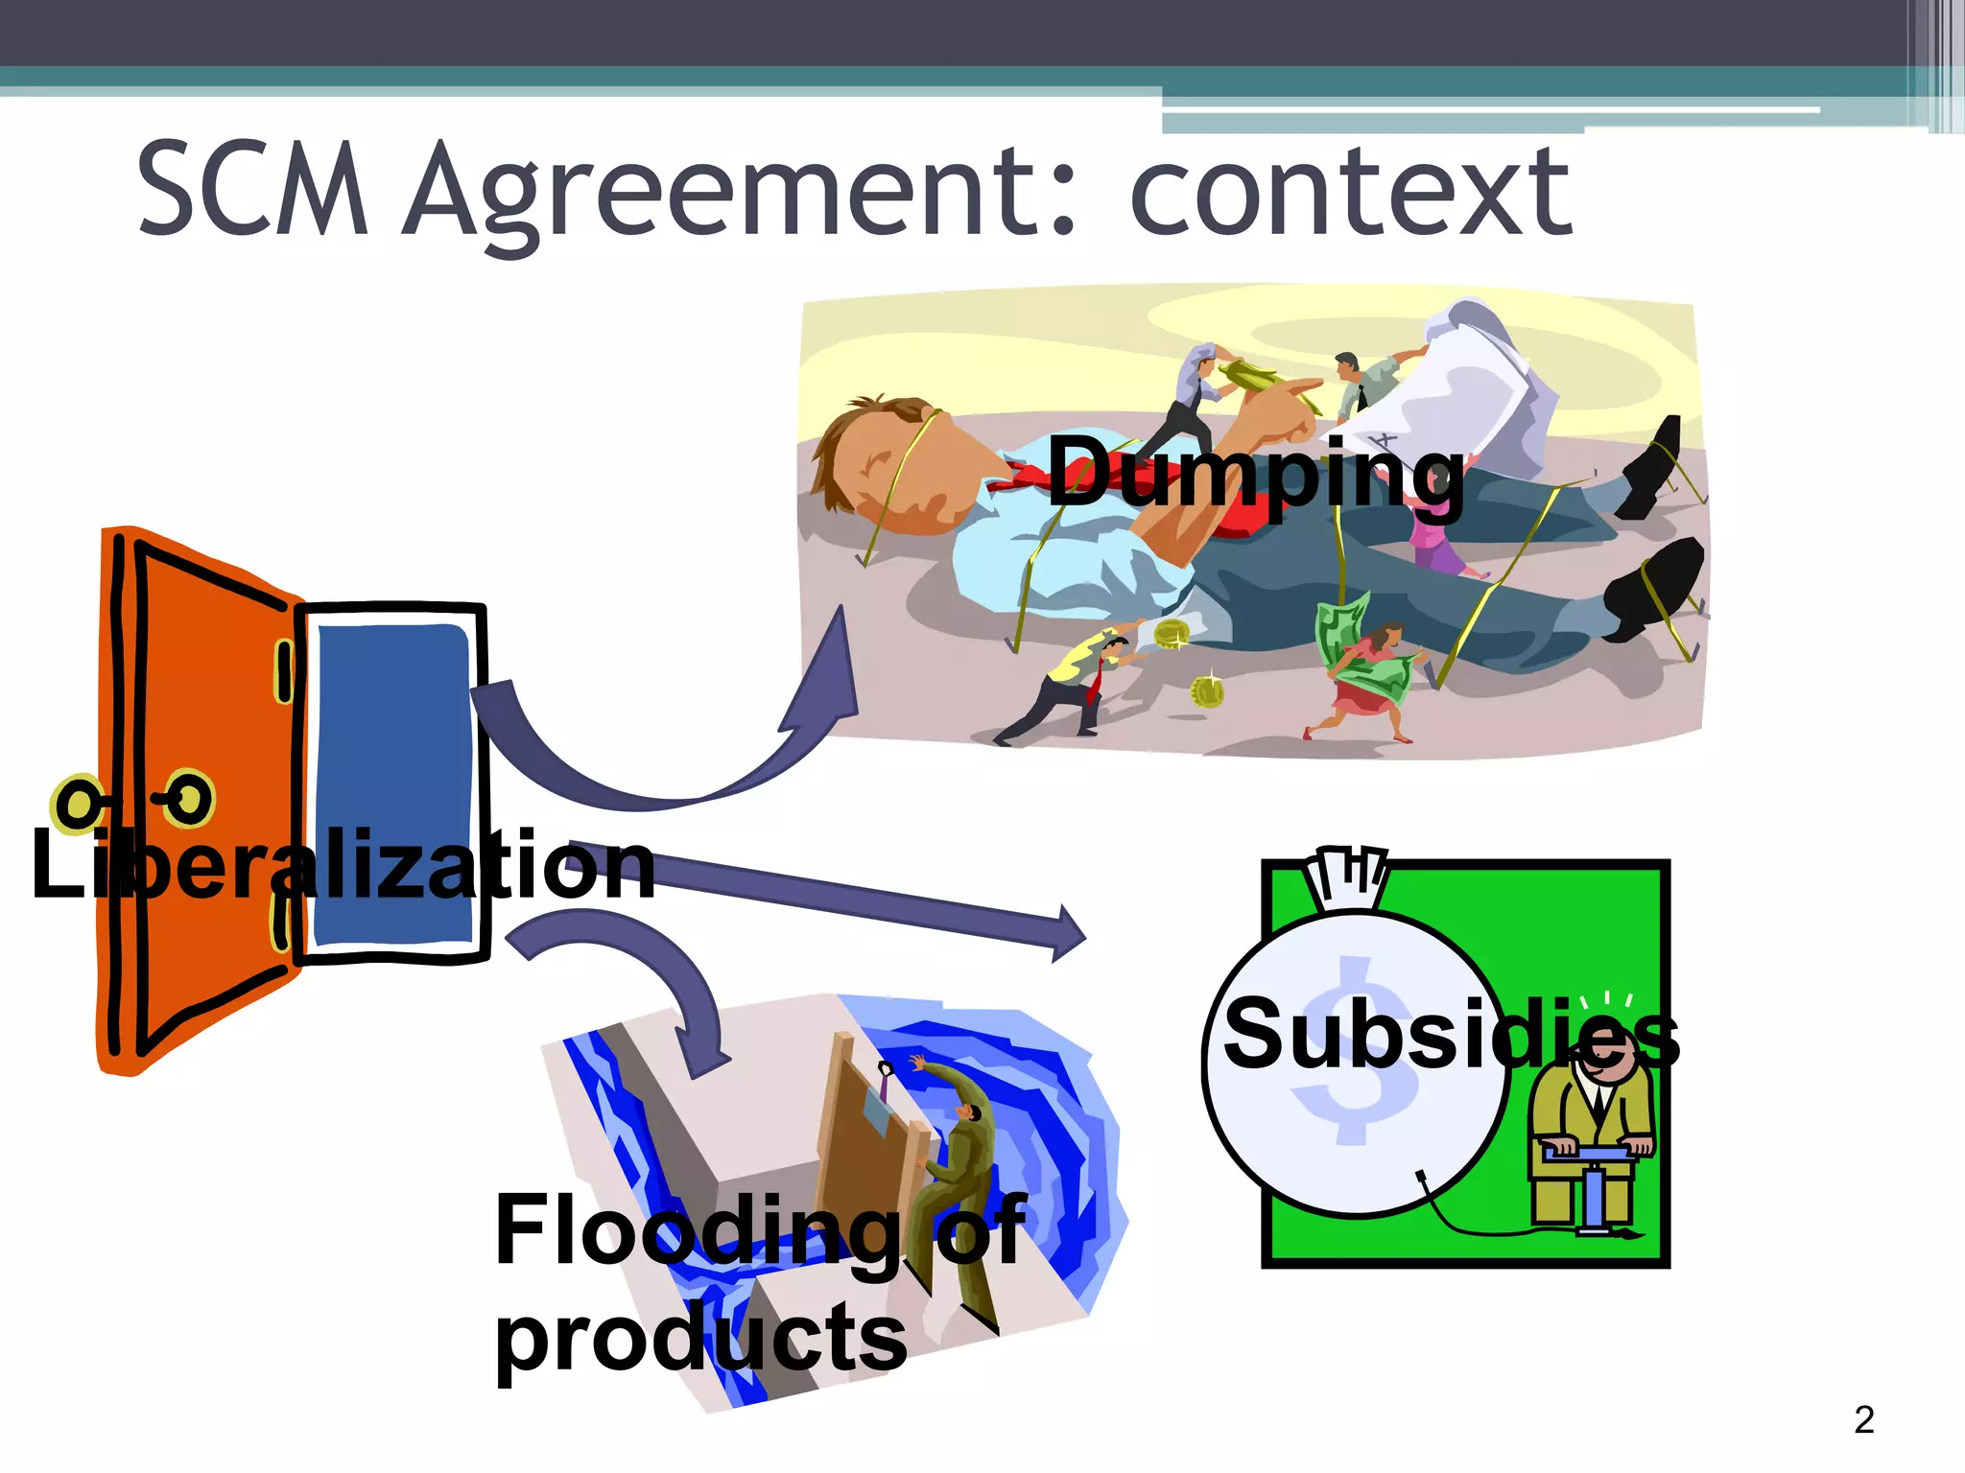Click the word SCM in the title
tap(252, 189)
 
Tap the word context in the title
tap(1350, 192)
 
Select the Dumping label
tap(1255, 472)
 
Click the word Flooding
tap(696, 1231)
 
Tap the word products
tap(700, 1337)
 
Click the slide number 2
tap(1863, 1419)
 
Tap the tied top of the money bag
tap(1345, 877)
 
